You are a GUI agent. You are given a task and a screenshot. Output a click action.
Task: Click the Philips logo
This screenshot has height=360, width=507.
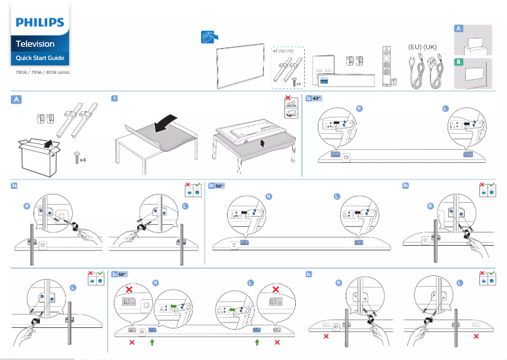40,23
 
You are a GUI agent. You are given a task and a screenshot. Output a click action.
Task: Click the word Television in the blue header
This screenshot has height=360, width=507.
35,44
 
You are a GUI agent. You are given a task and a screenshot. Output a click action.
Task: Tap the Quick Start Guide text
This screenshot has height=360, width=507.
39,58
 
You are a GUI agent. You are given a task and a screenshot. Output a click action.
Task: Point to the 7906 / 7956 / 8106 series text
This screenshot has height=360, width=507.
43,73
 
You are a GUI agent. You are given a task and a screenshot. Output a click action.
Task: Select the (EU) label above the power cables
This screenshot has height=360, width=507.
415,47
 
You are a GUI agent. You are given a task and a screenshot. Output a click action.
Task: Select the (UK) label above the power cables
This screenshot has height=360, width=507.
431,47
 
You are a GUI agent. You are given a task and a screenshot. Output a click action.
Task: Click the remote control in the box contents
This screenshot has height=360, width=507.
386,66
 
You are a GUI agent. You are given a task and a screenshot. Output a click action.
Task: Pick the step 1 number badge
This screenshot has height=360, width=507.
114,99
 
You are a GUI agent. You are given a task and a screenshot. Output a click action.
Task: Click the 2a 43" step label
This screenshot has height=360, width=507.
314,99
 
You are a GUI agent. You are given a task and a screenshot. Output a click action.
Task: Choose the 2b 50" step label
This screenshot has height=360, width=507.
217,186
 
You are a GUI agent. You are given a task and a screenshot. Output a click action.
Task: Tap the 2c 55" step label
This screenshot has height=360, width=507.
119,274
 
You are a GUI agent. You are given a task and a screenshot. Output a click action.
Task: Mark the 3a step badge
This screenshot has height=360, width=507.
15,186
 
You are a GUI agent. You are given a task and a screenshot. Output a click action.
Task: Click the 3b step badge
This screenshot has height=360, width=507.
406,186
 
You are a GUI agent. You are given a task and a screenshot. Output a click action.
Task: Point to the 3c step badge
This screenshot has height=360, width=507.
308,274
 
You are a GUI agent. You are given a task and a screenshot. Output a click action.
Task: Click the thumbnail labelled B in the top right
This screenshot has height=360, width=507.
472,72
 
